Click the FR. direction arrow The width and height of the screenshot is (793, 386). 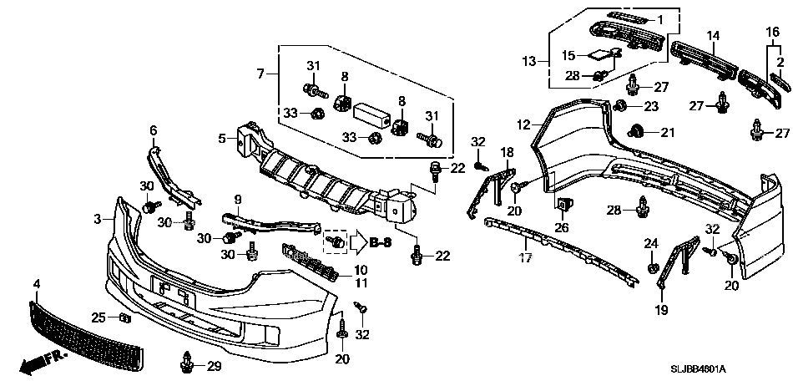43,363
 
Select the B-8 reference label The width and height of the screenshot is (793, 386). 381,243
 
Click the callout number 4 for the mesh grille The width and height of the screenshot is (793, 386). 37,285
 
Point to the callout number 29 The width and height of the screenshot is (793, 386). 214,366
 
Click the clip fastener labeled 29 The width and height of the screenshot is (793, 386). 187,363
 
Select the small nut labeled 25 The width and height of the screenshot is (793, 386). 125,317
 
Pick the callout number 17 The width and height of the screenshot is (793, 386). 525,258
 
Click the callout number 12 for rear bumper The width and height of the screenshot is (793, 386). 523,124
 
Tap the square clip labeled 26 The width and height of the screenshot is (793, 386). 563,205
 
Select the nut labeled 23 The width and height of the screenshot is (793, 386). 619,106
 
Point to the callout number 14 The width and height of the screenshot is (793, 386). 713,36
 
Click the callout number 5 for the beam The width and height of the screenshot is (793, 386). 222,137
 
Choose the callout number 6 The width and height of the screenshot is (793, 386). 154,130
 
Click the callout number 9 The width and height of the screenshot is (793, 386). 238,200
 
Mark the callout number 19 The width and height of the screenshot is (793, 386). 661,310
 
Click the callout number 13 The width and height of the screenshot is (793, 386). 528,61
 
